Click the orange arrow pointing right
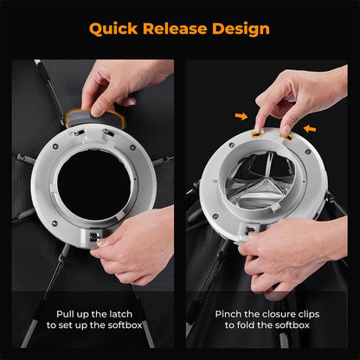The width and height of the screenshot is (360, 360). tap(241, 116)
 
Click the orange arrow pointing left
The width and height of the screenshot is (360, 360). tap(310, 129)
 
